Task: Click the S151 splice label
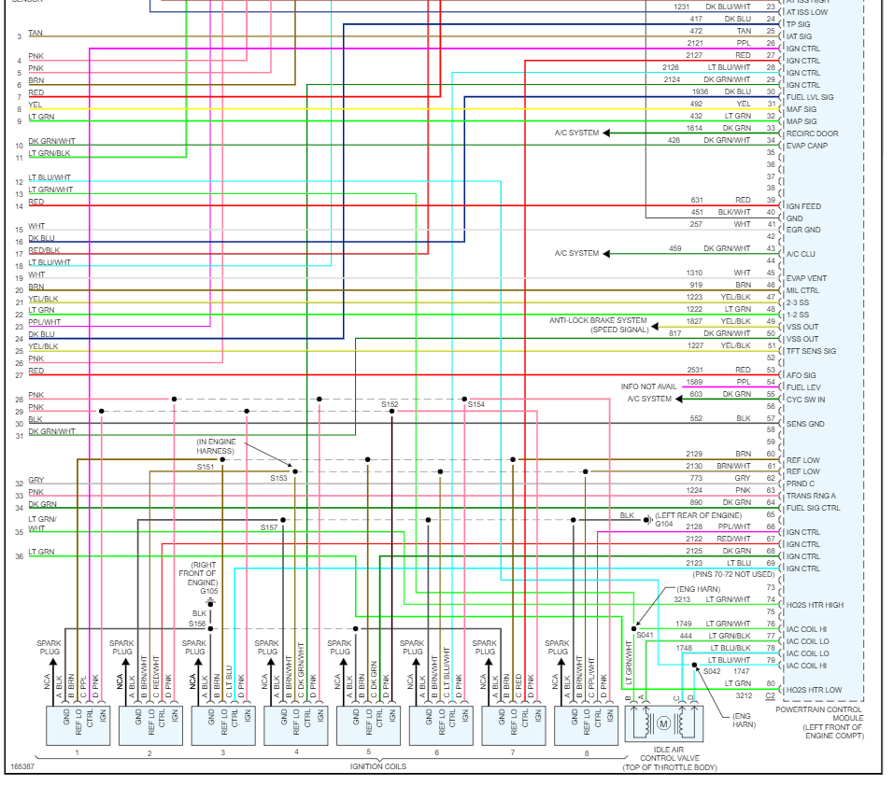206,467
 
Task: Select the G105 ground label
209,591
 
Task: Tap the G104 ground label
664,524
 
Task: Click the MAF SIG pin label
802,109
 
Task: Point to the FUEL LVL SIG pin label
810,97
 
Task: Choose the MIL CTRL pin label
803,290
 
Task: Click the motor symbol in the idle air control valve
664,723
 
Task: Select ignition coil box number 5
368,725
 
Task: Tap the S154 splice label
476,404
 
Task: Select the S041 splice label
646,635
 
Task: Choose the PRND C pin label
801,483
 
